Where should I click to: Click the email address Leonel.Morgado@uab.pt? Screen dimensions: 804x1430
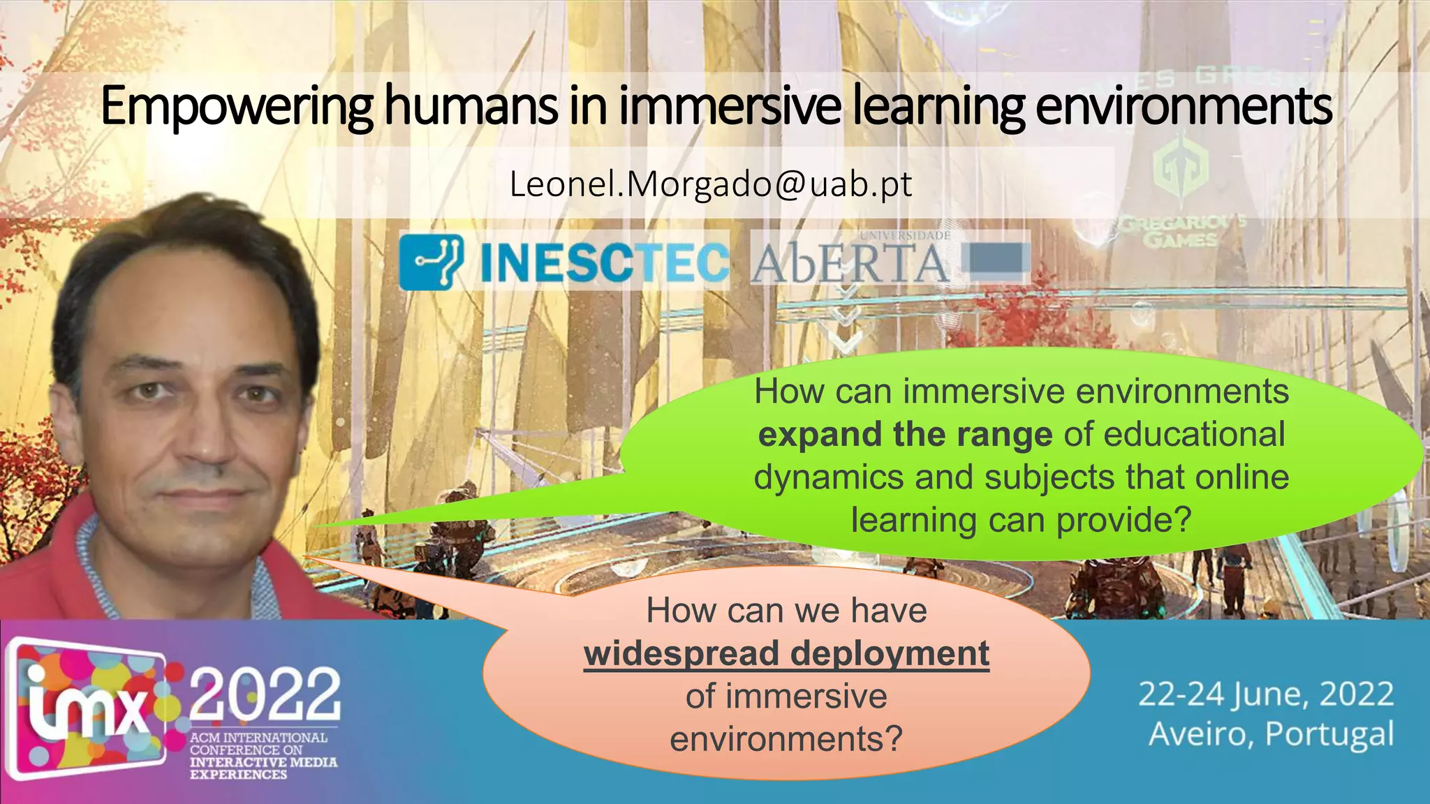(711, 184)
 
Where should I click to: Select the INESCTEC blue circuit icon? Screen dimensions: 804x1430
(432, 262)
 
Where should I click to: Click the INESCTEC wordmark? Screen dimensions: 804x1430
(604, 263)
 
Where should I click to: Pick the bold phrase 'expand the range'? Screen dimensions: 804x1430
(905, 435)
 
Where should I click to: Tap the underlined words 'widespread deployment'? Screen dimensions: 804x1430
(786, 654)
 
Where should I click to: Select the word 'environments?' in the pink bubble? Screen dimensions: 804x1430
(786, 739)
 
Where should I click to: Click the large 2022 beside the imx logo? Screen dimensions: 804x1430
(265, 695)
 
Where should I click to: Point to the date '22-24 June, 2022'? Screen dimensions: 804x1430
(1266, 694)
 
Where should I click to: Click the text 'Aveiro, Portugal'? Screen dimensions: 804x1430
(1271, 734)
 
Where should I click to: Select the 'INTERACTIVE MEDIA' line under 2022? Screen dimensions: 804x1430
(263, 762)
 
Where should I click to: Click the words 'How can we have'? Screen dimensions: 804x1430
(786, 611)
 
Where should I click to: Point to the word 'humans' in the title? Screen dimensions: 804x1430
(471, 107)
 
